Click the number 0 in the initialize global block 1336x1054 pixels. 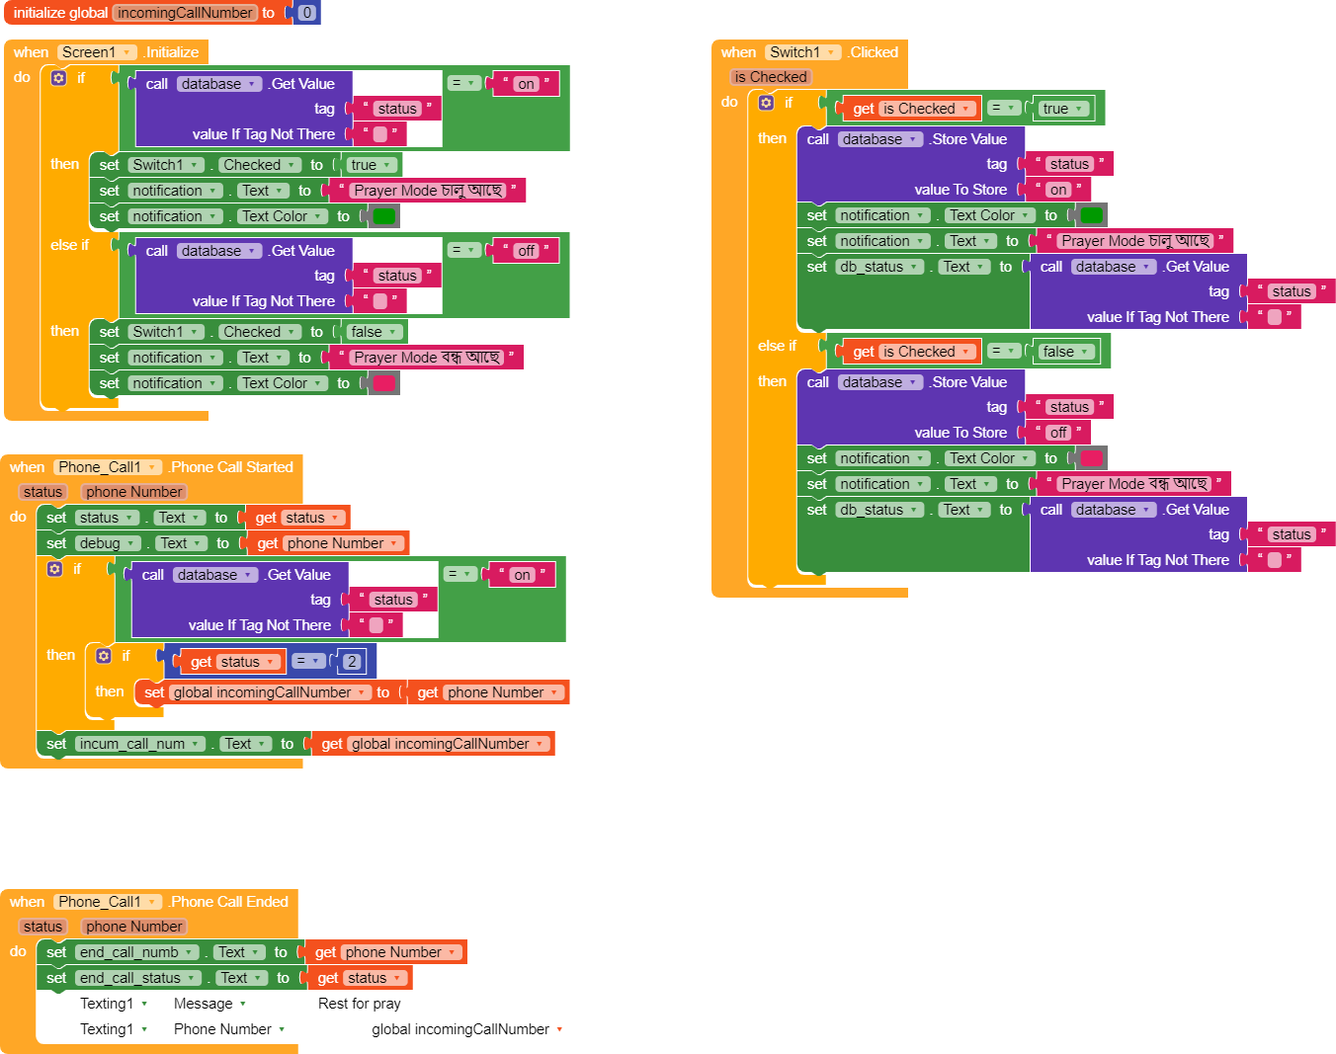point(306,13)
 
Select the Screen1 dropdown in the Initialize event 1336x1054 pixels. point(96,52)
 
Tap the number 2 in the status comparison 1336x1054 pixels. point(352,662)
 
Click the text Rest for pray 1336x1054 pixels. point(360,1003)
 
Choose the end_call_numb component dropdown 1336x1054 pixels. point(137,952)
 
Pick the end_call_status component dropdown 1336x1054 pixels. point(138,978)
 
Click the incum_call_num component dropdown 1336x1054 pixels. point(140,744)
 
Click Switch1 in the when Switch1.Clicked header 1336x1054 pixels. point(803,52)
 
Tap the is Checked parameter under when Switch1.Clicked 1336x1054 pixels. point(771,77)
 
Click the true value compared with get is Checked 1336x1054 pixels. point(1063,109)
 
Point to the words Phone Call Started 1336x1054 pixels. point(231,467)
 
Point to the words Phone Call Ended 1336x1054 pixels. point(229,901)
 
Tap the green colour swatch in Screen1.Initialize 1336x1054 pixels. point(383,216)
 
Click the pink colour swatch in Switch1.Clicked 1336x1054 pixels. point(1091,458)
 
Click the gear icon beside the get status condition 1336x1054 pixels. point(104,656)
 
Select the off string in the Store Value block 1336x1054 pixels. point(1058,432)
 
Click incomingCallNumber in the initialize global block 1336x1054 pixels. point(185,13)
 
